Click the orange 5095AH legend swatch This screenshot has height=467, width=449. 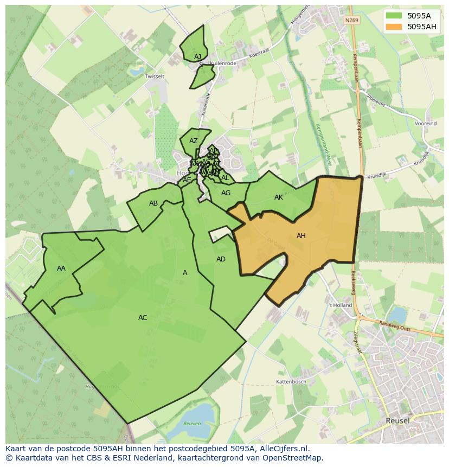pyautogui.click(x=394, y=27)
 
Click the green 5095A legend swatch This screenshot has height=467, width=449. pyautogui.click(x=394, y=16)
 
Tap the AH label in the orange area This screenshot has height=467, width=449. pyautogui.click(x=301, y=236)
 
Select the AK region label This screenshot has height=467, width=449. pyautogui.click(x=279, y=197)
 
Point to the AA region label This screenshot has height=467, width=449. pyautogui.click(x=61, y=268)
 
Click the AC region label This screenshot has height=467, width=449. pyautogui.click(x=143, y=318)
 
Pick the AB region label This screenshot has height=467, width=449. pyautogui.click(x=153, y=203)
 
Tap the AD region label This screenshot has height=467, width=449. pyautogui.click(x=221, y=259)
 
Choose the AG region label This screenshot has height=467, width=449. pyautogui.click(x=226, y=193)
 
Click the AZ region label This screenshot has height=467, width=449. pyautogui.click(x=194, y=141)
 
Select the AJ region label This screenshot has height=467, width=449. pyautogui.click(x=197, y=57)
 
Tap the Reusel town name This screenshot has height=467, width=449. pyautogui.click(x=397, y=420)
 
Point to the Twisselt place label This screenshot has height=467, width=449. pyautogui.click(x=155, y=77)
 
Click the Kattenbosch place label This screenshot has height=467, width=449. pyautogui.click(x=292, y=382)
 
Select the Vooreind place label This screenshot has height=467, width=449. pyautogui.click(x=426, y=124)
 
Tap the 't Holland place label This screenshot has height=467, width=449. pyautogui.click(x=341, y=305)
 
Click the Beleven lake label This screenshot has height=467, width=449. pyautogui.click(x=191, y=424)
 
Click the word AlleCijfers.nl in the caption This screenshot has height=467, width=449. pyautogui.click(x=282, y=449)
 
